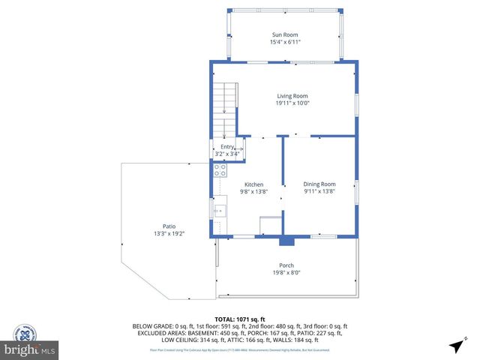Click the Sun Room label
[x=285, y=34]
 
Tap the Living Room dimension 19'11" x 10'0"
[x=292, y=103]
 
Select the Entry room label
[x=227, y=147]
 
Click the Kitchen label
[x=253, y=184]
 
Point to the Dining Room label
[x=319, y=184]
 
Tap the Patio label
[x=169, y=226]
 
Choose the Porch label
[x=286, y=265]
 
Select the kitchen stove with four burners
[x=220, y=171]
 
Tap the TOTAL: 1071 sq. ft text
[x=239, y=319]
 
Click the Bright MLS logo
[x=30, y=350]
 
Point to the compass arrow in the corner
[x=456, y=345]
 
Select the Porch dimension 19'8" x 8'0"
[x=286, y=273]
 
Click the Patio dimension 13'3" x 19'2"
[x=169, y=234]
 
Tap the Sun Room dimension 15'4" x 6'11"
[x=285, y=42]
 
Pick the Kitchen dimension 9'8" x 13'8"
[x=253, y=191]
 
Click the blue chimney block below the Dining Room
[x=286, y=241]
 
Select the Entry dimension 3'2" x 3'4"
[x=227, y=154]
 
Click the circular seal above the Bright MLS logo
[x=25, y=332]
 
